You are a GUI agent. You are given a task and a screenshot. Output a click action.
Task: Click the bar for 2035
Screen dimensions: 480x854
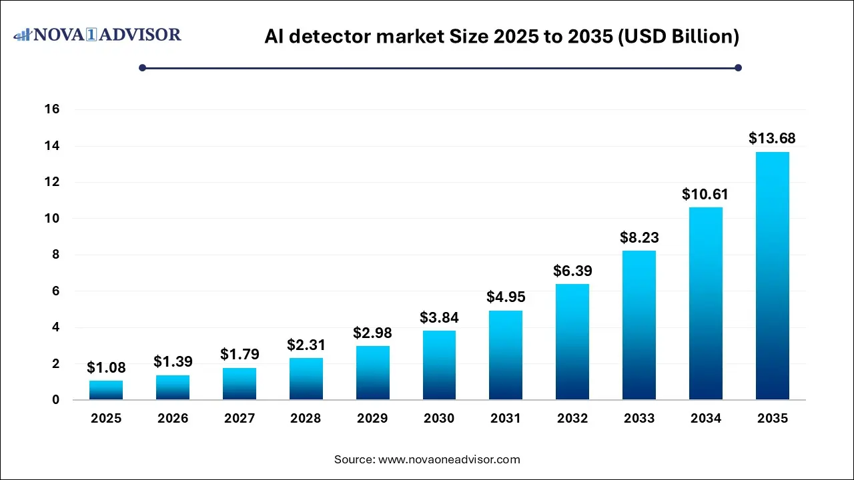[x=772, y=276]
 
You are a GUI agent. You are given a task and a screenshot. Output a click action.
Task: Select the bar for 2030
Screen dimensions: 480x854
[x=439, y=365]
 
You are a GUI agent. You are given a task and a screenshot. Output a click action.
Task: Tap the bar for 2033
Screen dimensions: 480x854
[x=638, y=325]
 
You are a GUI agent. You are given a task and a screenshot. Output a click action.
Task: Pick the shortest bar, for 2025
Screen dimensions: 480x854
[x=106, y=390]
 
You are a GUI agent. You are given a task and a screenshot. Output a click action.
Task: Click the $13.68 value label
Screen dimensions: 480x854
[x=772, y=139]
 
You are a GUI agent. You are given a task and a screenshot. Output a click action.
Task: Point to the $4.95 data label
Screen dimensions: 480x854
[x=506, y=297]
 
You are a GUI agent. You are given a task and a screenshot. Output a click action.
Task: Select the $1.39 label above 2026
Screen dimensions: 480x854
[x=173, y=361]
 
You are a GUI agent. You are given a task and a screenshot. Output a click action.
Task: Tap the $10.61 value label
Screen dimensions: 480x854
[x=705, y=195]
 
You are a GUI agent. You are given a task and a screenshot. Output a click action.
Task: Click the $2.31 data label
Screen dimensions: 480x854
[x=306, y=345]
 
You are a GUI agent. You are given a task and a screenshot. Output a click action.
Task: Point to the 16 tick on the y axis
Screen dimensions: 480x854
[x=52, y=109]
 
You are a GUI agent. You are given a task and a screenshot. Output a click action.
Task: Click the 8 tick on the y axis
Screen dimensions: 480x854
[x=56, y=255]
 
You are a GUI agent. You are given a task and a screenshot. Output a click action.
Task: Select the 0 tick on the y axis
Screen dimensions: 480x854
[x=56, y=400]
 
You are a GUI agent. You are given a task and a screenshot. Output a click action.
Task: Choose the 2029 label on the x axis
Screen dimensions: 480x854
[x=372, y=419]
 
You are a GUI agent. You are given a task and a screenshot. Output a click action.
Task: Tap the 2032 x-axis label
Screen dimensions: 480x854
[x=572, y=419]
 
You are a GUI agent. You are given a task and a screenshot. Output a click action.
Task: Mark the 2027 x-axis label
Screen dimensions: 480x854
[x=240, y=419]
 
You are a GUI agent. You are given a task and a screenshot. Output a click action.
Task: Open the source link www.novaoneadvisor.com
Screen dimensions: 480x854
[x=449, y=459]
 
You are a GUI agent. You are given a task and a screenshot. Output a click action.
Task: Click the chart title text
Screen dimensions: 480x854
[x=501, y=37]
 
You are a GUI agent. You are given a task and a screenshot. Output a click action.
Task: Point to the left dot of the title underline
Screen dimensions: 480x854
[x=142, y=67]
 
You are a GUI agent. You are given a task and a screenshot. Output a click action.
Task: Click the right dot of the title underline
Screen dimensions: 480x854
[x=738, y=67]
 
